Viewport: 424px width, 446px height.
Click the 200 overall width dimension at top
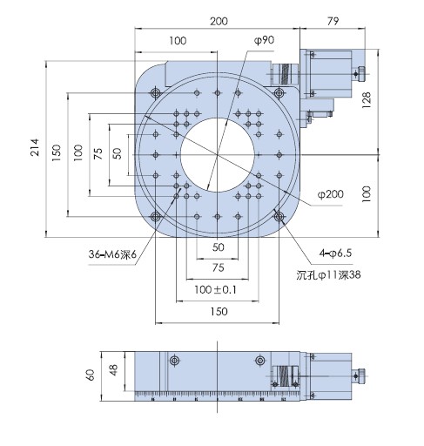tap(219, 21)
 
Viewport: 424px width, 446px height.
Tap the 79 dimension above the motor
tap(333, 21)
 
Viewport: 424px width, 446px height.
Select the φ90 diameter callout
tap(264, 40)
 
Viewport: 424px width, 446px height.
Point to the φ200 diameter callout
tap(331, 194)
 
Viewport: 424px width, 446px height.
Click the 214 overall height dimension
tap(35, 147)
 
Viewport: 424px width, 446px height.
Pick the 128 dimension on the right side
tap(367, 100)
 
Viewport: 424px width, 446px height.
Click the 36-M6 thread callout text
tap(112, 254)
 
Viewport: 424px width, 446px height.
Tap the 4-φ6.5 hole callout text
tap(335, 253)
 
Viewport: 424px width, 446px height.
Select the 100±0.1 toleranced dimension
tap(215, 289)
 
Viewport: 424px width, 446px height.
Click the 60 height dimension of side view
tap(91, 375)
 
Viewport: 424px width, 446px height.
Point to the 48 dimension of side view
tap(113, 370)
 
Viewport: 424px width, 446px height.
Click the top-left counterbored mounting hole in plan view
tap(156, 93)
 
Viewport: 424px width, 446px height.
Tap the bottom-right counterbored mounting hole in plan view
tap(279, 216)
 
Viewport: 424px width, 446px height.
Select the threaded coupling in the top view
tap(285, 74)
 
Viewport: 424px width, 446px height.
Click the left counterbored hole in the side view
tap(174, 361)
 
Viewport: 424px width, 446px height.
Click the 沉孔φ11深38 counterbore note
tap(328, 274)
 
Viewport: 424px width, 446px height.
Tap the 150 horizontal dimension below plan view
tap(219, 312)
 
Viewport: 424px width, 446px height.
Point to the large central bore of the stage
tap(218, 155)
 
